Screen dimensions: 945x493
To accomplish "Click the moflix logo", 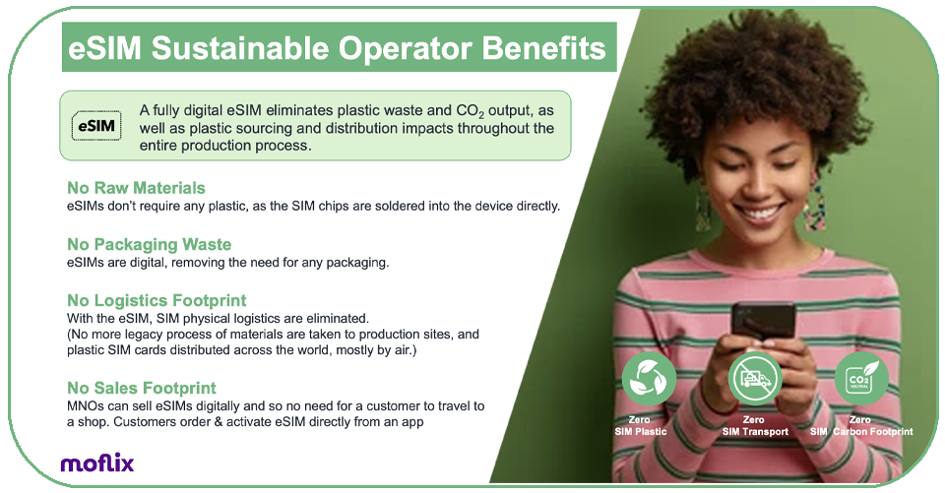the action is pos(97,462).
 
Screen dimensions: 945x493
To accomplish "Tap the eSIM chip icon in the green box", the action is pos(96,125).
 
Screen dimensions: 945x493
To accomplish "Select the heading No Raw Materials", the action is pos(136,188).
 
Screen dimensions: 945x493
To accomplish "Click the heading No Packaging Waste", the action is pos(150,244).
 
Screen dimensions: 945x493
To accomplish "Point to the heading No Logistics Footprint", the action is pos(157,300).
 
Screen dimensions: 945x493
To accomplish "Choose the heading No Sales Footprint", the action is pos(142,388).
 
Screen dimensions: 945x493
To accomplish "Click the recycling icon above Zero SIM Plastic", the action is pos(649,379).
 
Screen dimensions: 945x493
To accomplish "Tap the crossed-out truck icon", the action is pos(755,379).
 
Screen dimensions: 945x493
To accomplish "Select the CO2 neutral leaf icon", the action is pos(861,379).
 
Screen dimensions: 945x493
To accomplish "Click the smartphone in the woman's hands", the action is pos(763,320).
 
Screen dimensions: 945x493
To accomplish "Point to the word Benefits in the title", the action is pos(543,48).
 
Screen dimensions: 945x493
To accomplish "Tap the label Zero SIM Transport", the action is pos(755,425).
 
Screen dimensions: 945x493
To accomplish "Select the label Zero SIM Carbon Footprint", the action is pos(861,425).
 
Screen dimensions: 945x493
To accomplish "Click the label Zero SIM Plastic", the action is pos(641,425).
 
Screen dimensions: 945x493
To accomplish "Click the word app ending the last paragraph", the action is pos(412,422).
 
